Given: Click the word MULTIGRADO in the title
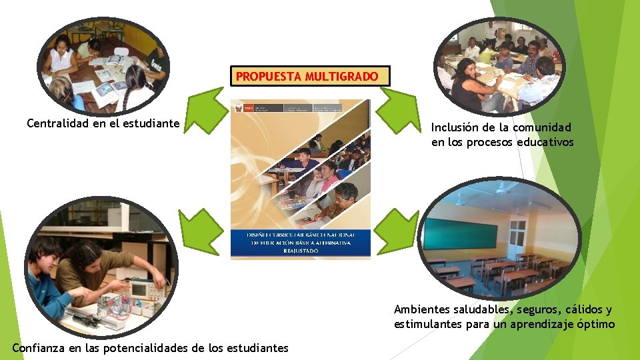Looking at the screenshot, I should [341, 77].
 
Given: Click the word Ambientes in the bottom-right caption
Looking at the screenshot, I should [421, 309].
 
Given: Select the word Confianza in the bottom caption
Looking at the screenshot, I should [39, 348].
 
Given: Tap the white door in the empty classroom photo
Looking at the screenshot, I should [517, 237].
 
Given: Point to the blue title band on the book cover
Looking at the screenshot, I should [300, 243].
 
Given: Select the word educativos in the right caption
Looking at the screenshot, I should [545, 142].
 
